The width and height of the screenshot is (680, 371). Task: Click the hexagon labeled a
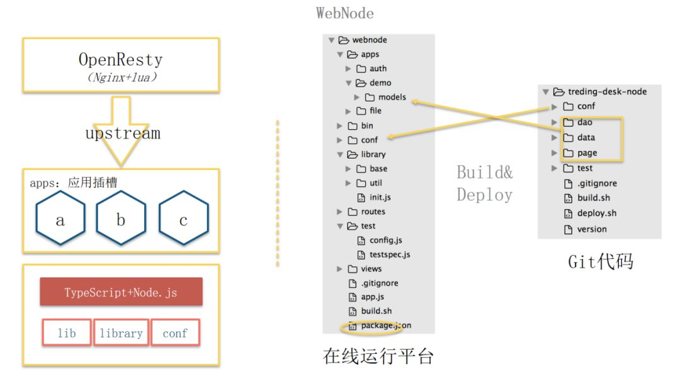click(x=60, y=218)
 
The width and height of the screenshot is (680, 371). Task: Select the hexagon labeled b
click(x=121, y=218)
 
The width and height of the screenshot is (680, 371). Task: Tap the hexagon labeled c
click(x=183, y=218)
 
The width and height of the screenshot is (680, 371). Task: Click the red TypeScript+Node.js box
click(x=121, y=292)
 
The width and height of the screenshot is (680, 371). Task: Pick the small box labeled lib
click(x=67, y=333)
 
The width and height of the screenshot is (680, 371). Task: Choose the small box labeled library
click(x=122, y=333)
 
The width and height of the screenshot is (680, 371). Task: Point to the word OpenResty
click(x=120, y=59)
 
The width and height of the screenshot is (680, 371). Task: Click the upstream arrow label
click(x=123, y=133)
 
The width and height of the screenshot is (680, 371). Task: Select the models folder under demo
click(x=385, y=97)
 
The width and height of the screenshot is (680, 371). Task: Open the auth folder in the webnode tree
click(x=371, y=69)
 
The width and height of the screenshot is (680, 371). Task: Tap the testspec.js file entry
click(x=383, y=254)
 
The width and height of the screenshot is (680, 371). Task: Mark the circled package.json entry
click(x=380, y=326)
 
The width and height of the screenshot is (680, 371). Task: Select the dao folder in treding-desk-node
click(x=577, y=122)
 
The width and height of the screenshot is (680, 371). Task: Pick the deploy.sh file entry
click(x=590, y=213)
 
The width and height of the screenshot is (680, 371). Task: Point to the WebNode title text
click(x=345, y=13)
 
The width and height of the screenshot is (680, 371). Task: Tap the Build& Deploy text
click(x=484, y=183)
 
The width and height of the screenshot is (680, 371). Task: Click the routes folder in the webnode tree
click(x=366, y=212)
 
